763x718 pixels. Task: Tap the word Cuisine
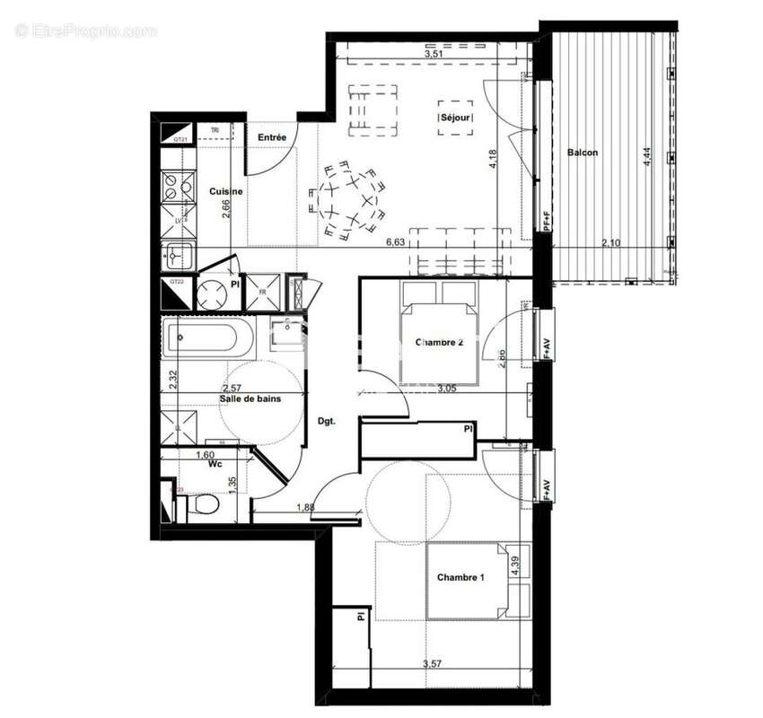[x=225, y=191]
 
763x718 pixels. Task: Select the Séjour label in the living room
[x=455, y=118]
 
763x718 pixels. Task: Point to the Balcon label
[x=582, y=153]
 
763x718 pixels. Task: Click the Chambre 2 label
[x=439, y=342]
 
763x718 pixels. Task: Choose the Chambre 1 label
[x=460, y=577]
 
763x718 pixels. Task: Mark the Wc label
[x=215, y=466]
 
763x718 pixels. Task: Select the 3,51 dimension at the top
[x=434, y=53]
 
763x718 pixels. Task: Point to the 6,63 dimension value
[x=396, y=242]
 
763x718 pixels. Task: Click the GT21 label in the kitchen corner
[x=180, y=139]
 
